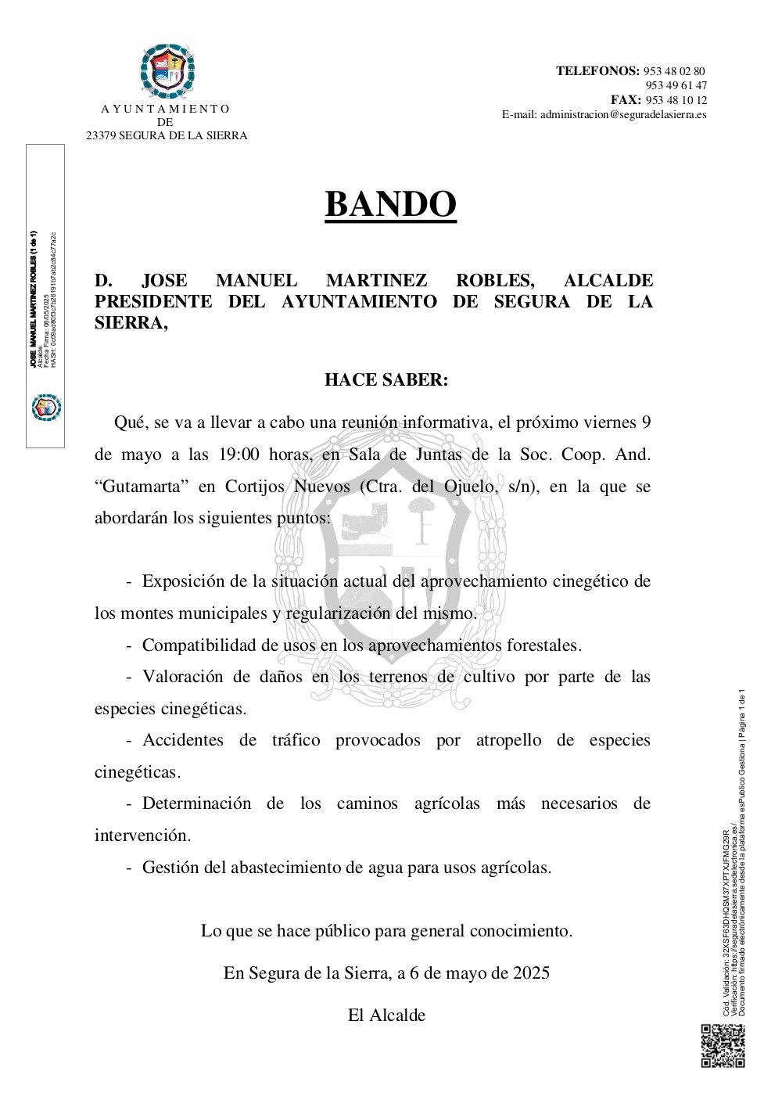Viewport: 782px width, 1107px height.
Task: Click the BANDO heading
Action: click(390, 204)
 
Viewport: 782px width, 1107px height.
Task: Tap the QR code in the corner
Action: click(722, 1045)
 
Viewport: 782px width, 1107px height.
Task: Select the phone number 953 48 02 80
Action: click(674, 71)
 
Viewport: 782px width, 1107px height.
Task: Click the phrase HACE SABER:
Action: click(386, 380)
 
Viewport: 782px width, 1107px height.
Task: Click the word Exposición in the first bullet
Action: click(184, 581)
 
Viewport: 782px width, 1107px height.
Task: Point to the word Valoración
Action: click(182, 677)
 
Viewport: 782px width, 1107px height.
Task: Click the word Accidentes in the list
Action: click(183, 740)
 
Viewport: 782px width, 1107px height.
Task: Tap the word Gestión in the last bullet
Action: click(170, 867)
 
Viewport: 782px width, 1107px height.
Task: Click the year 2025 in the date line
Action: click(531, 973)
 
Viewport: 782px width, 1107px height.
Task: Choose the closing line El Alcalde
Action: click(386, 1015)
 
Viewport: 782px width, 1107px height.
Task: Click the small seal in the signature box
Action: click(46, 408)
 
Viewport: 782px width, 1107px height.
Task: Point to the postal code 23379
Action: click(101, 135)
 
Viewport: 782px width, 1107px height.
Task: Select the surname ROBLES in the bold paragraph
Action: click(495, 280)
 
